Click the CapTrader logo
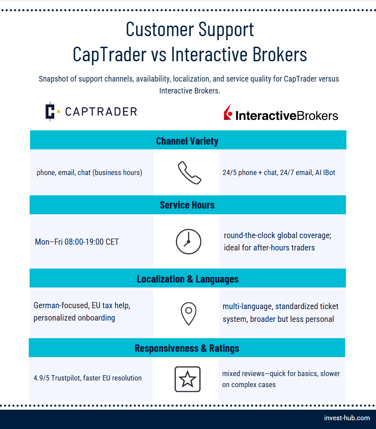tap(91, 112)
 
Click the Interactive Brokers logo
tap(281, 113)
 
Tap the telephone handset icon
tap(190, 173)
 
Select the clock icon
tap(188, 242)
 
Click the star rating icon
tap(188, 379)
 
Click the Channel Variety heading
tap(187, 141)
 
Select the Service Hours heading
tap(187, 205)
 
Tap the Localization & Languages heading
tap(188, 279)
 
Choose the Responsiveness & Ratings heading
tap(187, 348)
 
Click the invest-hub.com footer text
tap(347, 418)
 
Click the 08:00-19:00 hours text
tap(84, 242)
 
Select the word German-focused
tap(61, 306)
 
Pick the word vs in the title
tap(159, 54)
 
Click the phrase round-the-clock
tap(249, 235)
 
